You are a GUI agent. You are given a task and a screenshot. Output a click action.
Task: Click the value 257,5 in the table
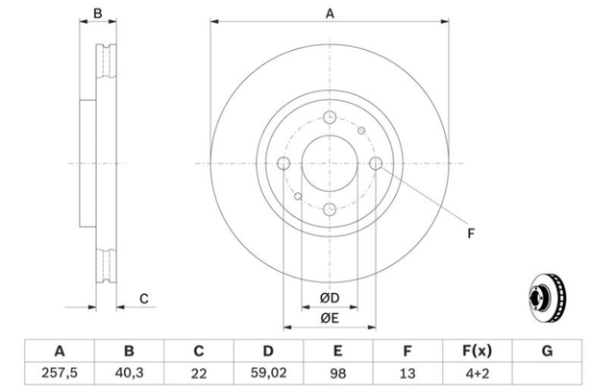pyautogui.click(x=60, y=373)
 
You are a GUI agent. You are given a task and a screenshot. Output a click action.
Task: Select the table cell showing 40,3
pyautogui.click(x=129, y=373)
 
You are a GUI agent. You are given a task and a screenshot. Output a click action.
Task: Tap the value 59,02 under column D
pyautogui.click(x=268, y=373)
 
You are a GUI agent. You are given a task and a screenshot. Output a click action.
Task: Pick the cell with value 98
pyautogui.click(x=337, y=373)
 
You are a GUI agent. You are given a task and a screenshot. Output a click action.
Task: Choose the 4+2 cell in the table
pyautogui.click(x=478, y=373)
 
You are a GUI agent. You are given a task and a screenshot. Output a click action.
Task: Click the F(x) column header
pyautogui.click(x=478, y=351)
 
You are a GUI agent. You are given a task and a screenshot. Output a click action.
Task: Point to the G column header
pyautogui.click(x=547, y=351)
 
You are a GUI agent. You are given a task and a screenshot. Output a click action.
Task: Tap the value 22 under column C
pyautogui.click(x=199, y=374)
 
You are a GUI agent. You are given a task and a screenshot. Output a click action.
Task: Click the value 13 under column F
pyautogui.click(x=407, y=374)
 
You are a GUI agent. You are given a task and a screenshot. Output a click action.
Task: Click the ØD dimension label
pyautogui.click(x=330, y=298)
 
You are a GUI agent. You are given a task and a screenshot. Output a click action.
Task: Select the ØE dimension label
pyautogui.click(x=330, y=318)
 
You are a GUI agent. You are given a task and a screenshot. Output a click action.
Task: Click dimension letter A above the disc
pyautogui.click(x=330, y=13)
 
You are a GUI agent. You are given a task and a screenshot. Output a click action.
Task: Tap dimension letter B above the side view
pyautogui.click(x=98, y=13)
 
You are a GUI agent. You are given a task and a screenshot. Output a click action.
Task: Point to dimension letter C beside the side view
pyautogui.click(x=144, y=299)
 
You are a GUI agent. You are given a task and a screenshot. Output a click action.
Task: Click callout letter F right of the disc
pyautogui.click(x=471, y=233)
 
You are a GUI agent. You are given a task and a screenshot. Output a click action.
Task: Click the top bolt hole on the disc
pyautogui.click(x=330, y=117)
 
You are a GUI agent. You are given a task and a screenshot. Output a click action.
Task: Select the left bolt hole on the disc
pyautogui.click(x=283, y=163)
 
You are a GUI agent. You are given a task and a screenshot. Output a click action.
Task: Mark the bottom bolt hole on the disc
pyautogui.click(x=330, y=209)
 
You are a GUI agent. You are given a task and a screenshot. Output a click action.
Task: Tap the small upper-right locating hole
pyautogui.click(x=361, y=131)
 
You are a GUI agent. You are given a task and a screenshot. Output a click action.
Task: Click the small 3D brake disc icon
pyautogui.click(x=548, y=299)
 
